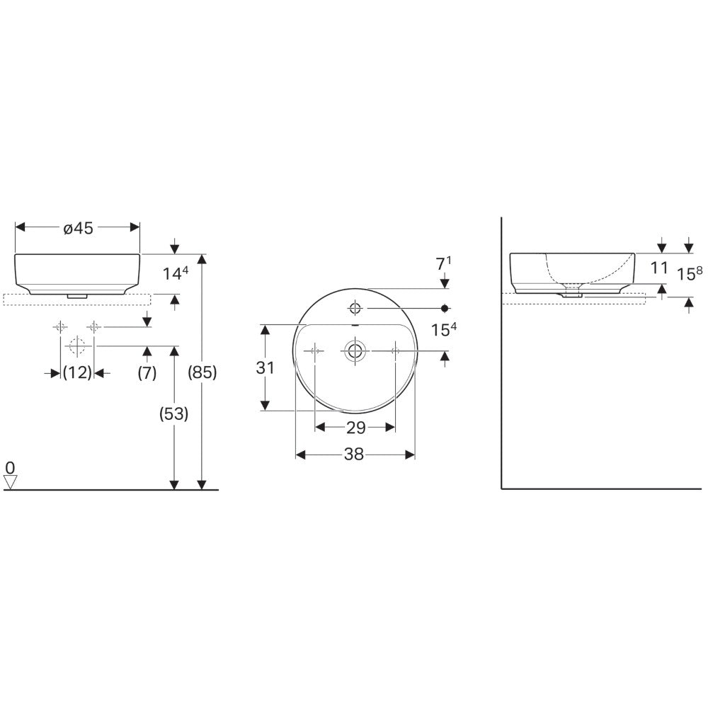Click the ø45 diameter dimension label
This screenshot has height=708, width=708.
click(x=78, y=228)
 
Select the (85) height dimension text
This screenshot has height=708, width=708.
click(x=202, y=372)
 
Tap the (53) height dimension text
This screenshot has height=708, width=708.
click(x=174, y=413)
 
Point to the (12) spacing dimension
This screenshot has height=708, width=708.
click(x=77, y=373)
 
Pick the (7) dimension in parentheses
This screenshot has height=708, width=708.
click(x=147, y=373)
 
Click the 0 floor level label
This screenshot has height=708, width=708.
click(x=11, y=467)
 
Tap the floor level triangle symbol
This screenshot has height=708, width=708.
click(x=11, y=481)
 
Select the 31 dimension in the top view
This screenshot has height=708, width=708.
click(x=265, y=368)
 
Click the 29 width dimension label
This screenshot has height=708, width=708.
click(x=355, y=428)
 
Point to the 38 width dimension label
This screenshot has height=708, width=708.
click(x=353, y=455)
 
